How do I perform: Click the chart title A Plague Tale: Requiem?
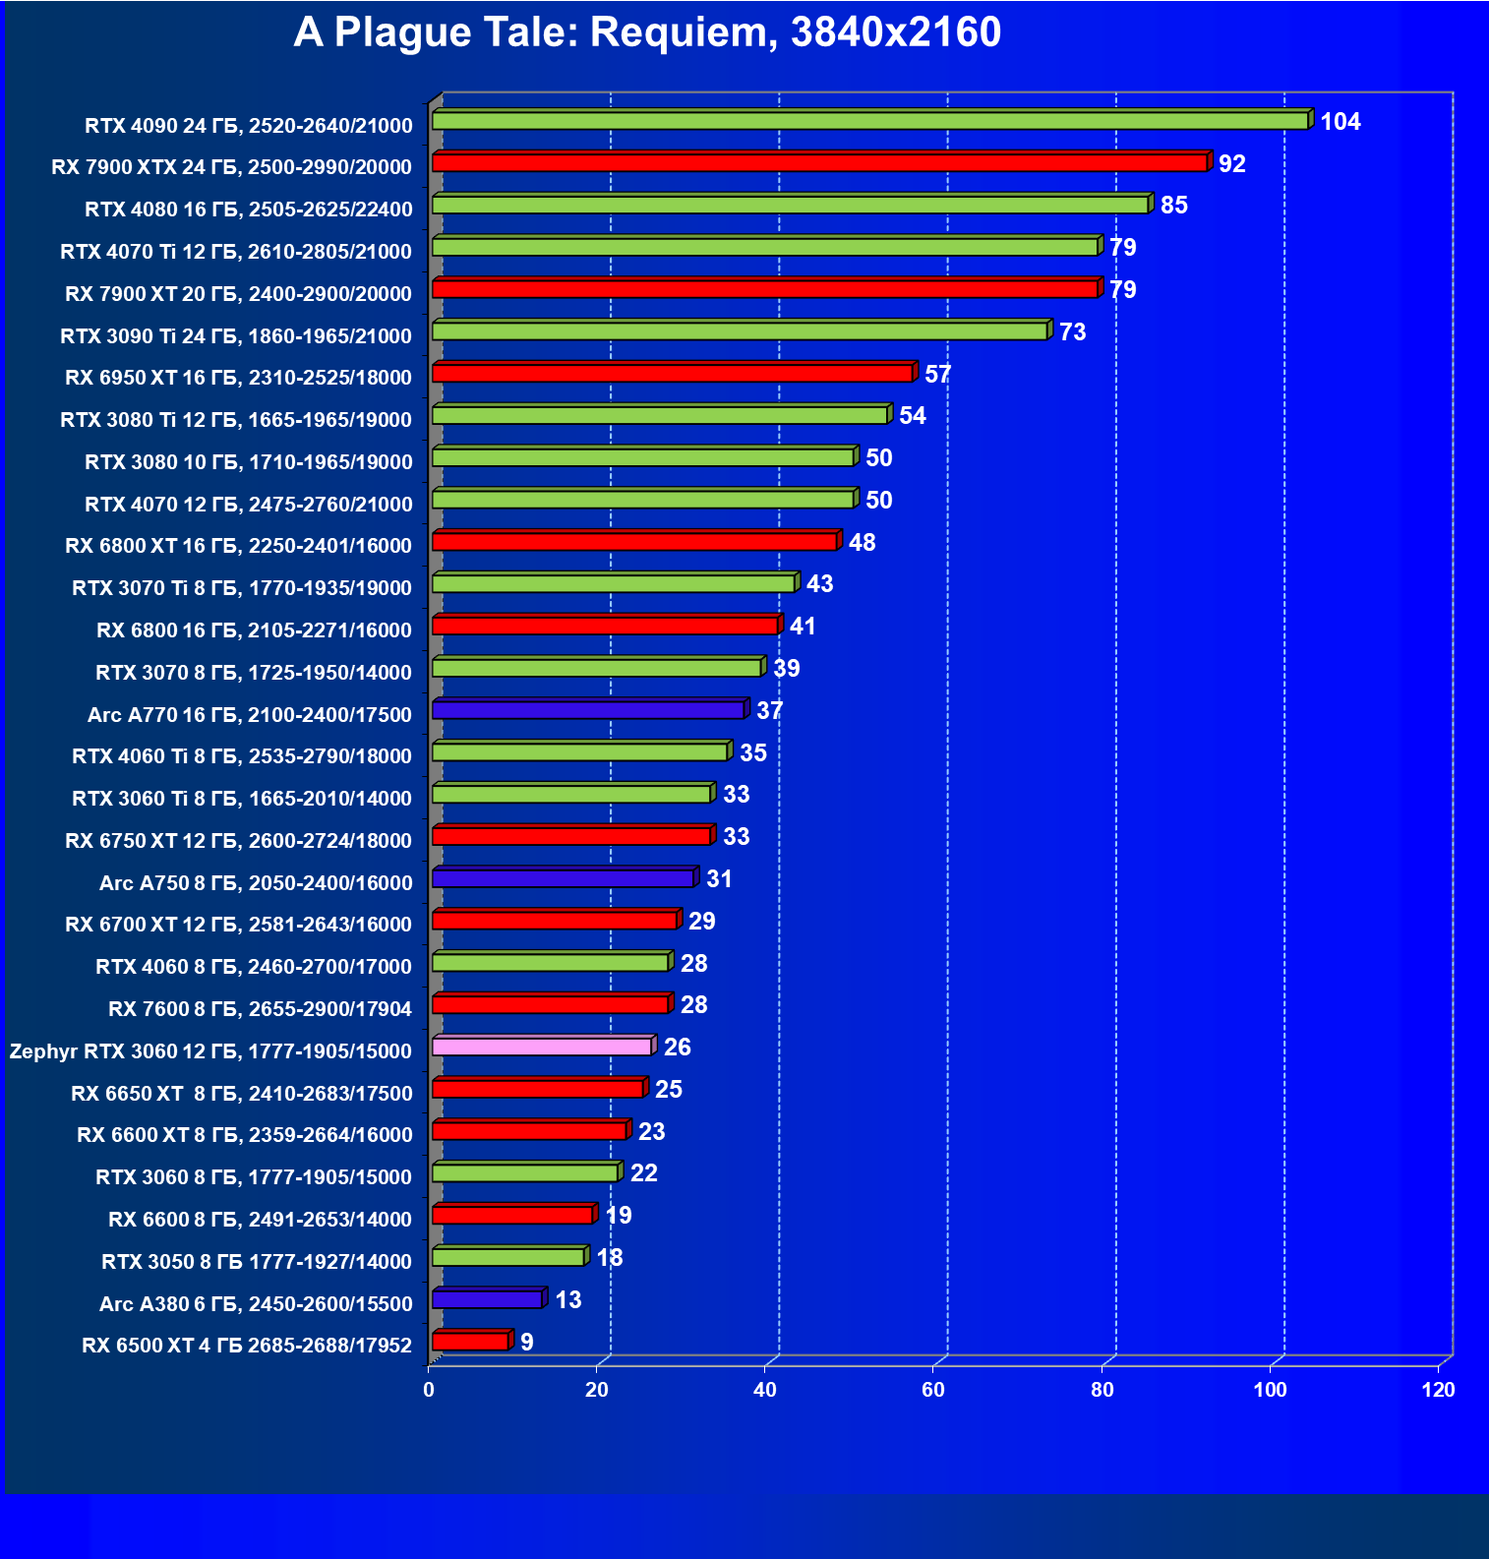646,32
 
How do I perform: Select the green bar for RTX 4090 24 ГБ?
869,121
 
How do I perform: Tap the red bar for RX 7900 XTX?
819,163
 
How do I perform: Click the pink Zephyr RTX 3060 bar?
541,1047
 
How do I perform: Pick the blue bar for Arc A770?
588,710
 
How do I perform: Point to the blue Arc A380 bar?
487,1299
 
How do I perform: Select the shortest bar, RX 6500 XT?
470,1342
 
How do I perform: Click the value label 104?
1340,122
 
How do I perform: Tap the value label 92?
1231,164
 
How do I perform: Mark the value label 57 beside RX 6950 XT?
937,375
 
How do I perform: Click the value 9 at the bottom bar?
526,1343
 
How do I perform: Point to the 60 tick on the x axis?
932,1390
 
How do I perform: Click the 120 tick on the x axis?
1438,1390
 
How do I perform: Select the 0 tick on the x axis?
429,1390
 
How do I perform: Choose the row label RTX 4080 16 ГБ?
248,210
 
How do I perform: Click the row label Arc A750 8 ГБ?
256,883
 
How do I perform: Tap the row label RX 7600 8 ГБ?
260,1009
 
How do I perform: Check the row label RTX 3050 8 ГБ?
256,1262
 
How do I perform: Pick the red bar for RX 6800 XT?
634,542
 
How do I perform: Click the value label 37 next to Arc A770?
769,711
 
